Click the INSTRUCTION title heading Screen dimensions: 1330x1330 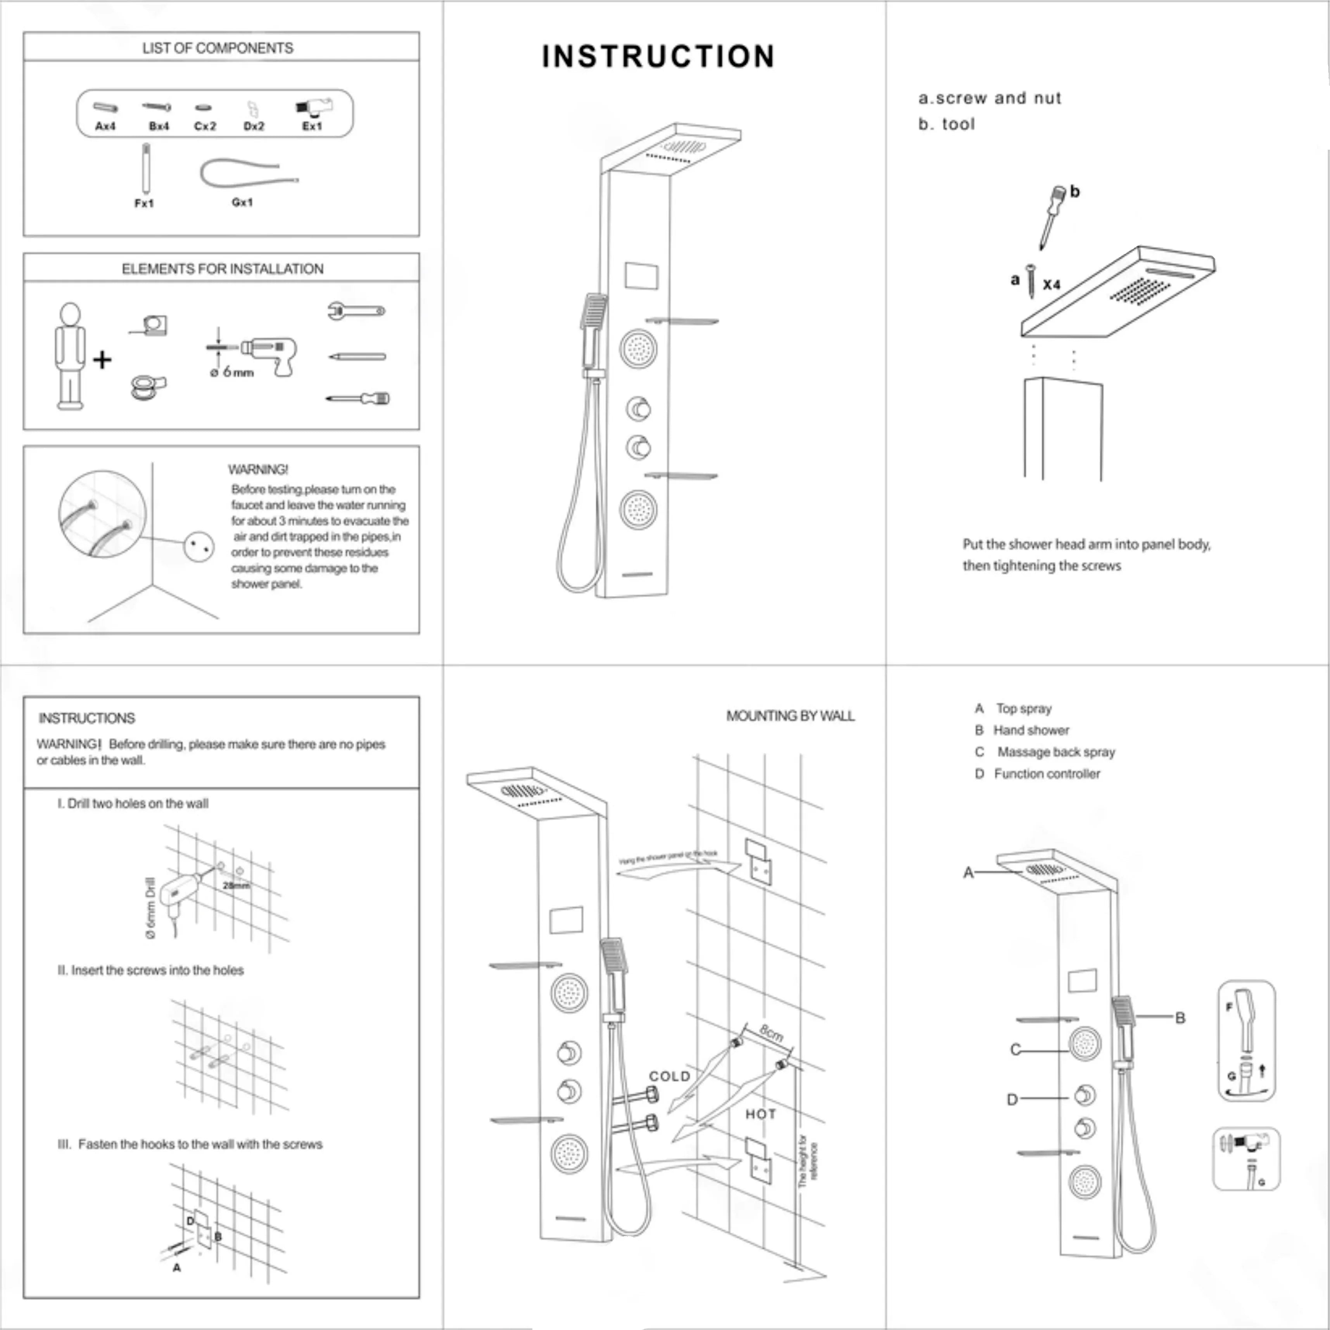(658, 57)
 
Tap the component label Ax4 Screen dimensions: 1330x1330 (105, 126)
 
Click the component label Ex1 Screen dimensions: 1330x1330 (312, 126)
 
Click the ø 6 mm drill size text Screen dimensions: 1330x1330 (232, 372)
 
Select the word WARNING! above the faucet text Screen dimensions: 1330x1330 (258, 470)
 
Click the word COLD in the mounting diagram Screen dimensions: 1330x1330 (669, 1076)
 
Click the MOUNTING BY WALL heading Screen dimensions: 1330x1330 (790, 716)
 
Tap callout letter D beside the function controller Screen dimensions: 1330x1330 (1012, 1099)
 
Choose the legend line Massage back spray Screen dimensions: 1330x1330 (1055, 752)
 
